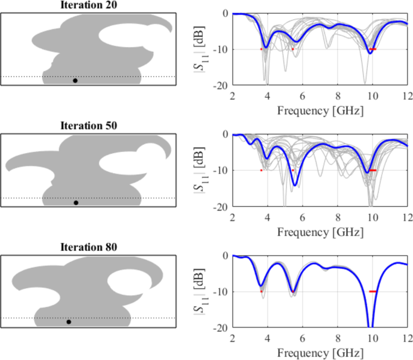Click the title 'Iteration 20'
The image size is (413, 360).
click(x=88, y=5)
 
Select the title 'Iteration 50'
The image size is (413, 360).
click(x=88, y=126)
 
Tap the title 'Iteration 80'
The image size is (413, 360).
click(x=88, y=247)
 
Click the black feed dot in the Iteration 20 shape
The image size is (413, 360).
click(x=75, y=80)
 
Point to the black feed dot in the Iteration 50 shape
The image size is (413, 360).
click(x=76, y=203)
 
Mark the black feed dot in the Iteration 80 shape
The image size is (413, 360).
click(x=69, y=322)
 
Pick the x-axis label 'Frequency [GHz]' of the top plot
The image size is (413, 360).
click(x=320, y=111)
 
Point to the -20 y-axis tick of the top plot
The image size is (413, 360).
click(x=221, y=86)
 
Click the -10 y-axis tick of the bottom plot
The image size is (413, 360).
click(x=221, y=291)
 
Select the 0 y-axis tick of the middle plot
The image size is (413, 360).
click(x=224, y=134)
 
